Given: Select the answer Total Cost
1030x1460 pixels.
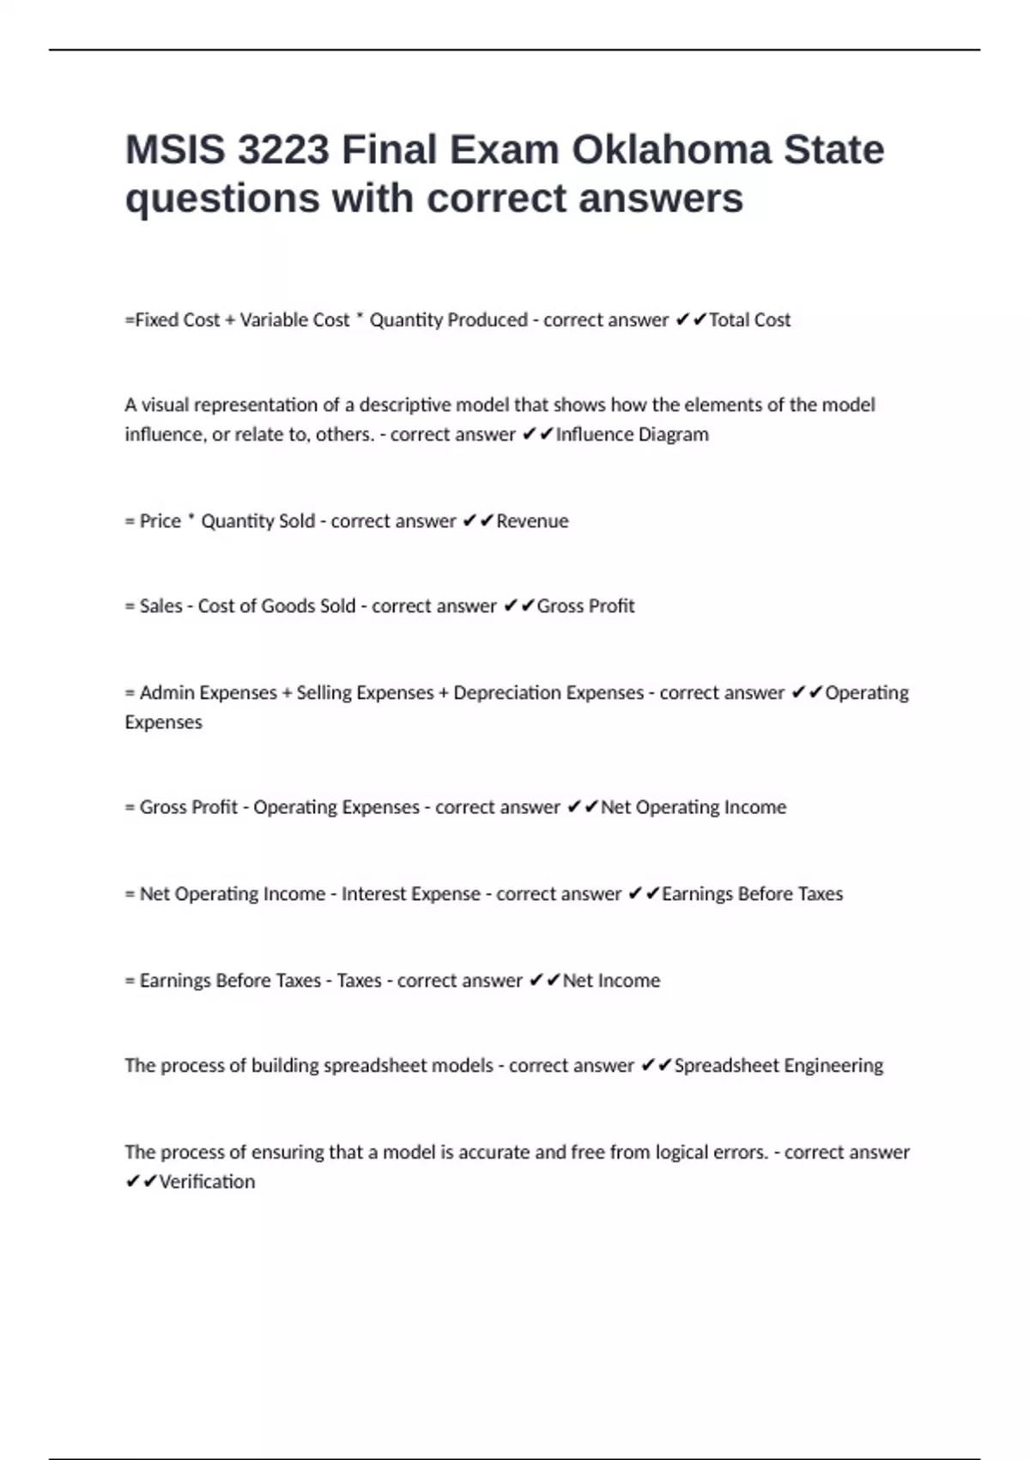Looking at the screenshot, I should [749, 320].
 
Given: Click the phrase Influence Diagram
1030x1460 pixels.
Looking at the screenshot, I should [633, 435].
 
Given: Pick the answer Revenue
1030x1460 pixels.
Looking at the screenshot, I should [532, 521].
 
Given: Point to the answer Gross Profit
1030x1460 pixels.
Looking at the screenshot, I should [585, 606].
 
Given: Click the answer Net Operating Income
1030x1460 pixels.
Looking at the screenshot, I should [694, 807].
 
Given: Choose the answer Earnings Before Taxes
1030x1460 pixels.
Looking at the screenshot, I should [752, 894].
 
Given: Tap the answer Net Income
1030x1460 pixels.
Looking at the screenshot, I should [611, 981].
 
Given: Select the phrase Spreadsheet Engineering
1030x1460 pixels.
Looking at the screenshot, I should [779, 1066].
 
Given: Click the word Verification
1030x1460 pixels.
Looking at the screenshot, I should [207, 1182].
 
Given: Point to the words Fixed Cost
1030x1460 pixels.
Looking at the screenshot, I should [178, 320].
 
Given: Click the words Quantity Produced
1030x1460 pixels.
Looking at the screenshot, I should [448, 320].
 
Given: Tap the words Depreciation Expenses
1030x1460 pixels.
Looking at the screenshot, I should [548, 693].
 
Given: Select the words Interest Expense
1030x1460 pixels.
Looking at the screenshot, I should [411, 894].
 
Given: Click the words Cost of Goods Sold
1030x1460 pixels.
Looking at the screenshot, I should [276, 606].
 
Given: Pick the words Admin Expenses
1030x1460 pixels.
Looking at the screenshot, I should [209, 693].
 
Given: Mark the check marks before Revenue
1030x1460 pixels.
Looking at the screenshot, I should [477, 521].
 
